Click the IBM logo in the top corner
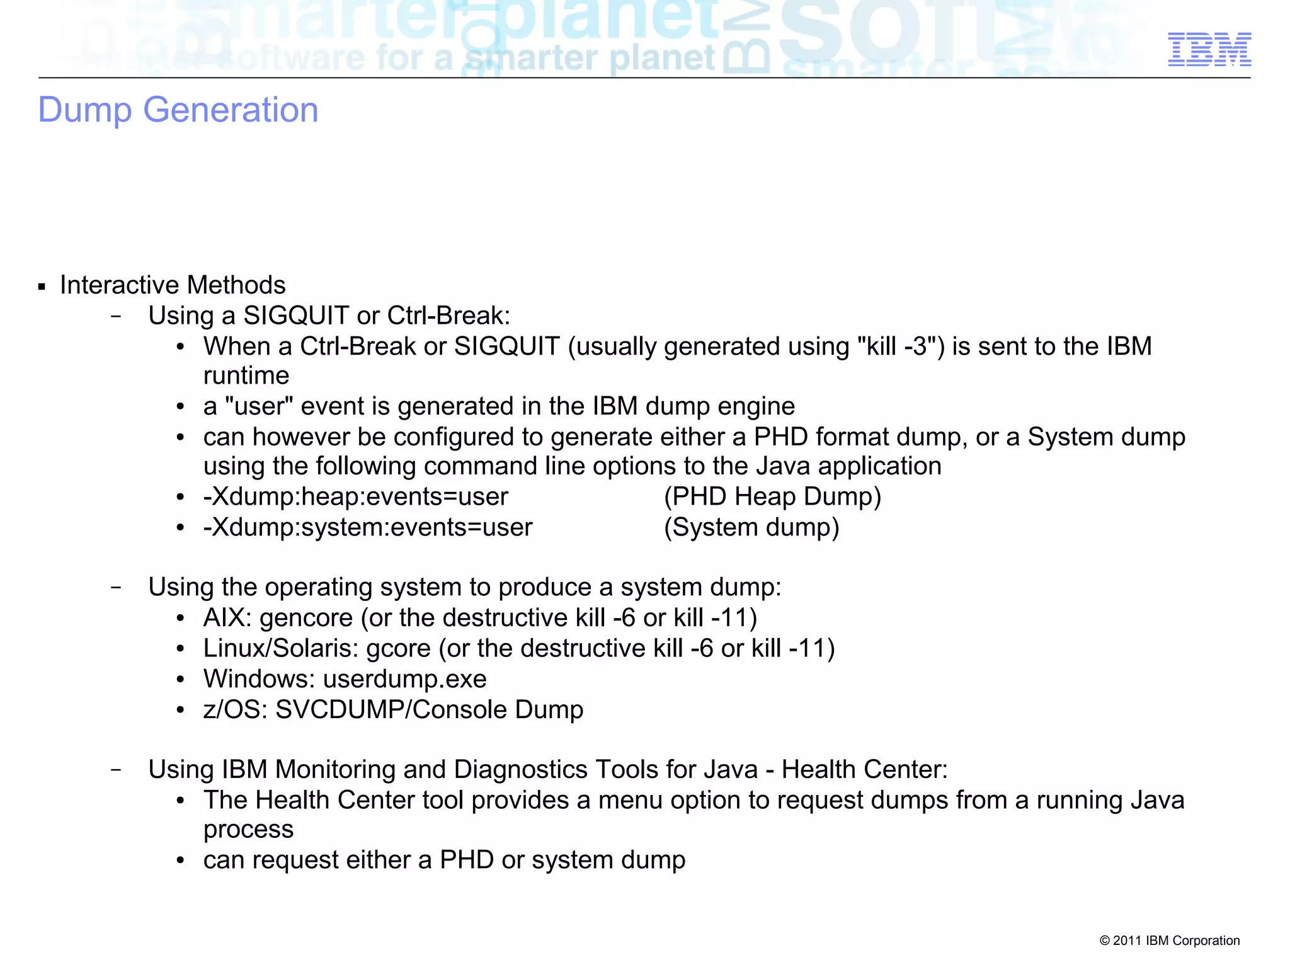(x=1209, y=49)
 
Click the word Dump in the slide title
(x=85, y=110)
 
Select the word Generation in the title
(x=231, y=110)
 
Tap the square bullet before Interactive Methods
(x=42, y=287)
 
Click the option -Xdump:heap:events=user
(x=355, y=497)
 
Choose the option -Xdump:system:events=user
(x=368, y=528)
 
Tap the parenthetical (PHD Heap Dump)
(x=772, y=497)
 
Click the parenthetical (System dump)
(x=751, y=528)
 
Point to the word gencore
(x=306, y=618)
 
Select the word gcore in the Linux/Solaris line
(x=398, y=649)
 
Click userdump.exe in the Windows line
(x=404, y=679)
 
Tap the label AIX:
(x=227, y=618)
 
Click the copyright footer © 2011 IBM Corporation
(x=1169, y=941)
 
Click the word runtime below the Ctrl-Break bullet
(x=246, y=376)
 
